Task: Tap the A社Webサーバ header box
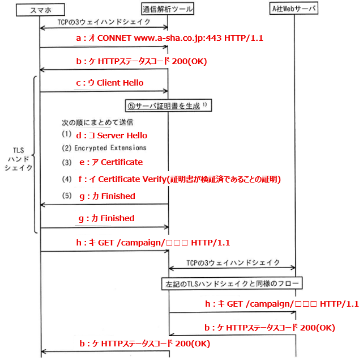click(x=295, y=9)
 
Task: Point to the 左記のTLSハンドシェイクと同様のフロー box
click(x=232, y=282)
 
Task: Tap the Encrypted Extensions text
click(x=110, y=148)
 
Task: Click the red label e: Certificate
click(x=110, y=162)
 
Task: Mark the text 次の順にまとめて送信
click(x=97, y=122)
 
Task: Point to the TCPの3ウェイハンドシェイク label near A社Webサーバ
click(x=233, y=262)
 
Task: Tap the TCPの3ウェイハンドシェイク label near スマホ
click(x=104, y=22)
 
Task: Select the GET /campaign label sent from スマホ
click(x=153, y=242)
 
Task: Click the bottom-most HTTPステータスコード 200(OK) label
click(x=145, y=344)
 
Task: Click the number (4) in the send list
click(x=67, y=179)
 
